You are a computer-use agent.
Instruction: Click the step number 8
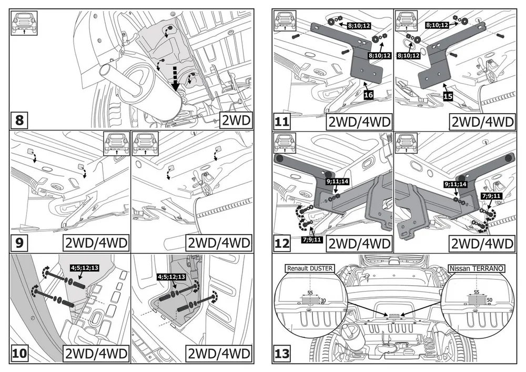pyautogui.click(x=19, y=121)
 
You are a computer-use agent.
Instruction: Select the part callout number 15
pyautogui.click(x=448, y=97)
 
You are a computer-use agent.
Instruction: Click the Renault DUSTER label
pyautogui.click(x=309, y=268)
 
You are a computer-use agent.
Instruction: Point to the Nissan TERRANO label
pyautogui.click(x=477, y=268)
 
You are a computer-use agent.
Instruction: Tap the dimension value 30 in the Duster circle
pyautogui.click(x=323, y=300)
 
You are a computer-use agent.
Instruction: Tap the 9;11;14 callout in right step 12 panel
pyautogui.click(x=456, y=185)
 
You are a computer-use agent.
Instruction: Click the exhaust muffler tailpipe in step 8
pyautogui.click(x=108, y=71)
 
